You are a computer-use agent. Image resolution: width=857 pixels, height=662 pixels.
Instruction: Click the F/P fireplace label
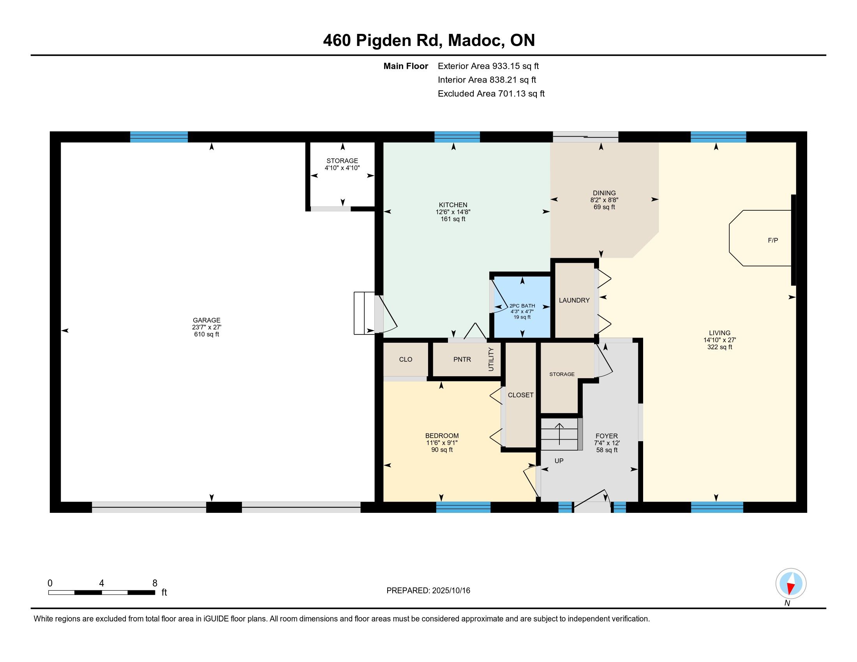772,240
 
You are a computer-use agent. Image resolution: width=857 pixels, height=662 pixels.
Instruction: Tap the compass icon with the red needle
791,584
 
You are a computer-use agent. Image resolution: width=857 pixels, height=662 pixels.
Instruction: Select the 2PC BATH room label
522,306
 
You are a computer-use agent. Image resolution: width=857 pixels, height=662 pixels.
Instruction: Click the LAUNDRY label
574,300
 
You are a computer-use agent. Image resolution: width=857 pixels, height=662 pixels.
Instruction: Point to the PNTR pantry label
462,359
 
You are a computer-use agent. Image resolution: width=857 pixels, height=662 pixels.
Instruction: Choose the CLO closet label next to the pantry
406,359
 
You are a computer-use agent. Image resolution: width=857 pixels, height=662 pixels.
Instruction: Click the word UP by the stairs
559,461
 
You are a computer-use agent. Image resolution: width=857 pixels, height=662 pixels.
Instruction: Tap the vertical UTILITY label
491,359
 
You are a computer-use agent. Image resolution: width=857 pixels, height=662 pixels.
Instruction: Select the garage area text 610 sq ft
206,335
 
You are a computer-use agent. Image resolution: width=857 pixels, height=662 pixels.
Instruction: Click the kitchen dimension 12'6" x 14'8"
453,212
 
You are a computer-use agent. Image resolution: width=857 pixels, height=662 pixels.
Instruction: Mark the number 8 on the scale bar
155,583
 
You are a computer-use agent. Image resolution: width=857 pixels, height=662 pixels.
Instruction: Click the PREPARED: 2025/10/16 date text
428,590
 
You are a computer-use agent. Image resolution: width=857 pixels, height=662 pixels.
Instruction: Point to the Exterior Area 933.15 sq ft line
488,66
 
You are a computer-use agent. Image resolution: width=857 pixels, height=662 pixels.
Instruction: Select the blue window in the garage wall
159,137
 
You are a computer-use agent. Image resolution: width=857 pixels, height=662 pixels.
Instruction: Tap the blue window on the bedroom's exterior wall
463,507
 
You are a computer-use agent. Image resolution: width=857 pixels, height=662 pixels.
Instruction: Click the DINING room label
604,193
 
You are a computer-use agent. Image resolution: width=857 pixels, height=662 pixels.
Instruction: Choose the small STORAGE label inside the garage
342,161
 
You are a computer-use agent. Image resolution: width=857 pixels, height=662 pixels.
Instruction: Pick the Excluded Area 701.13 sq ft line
491,94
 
